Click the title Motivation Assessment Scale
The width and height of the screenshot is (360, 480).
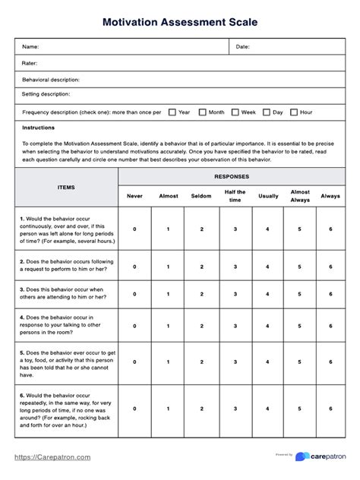tap(180, 23)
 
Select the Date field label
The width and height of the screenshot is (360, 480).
tap(243, 47)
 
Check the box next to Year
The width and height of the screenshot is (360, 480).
tap(172, 112)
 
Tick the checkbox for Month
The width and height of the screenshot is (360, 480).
tap(203, 112)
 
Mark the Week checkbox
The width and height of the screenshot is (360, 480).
tap(235, 112)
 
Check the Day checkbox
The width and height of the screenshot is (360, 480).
tap(267, 112)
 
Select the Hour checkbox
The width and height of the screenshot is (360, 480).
tap(294, 112)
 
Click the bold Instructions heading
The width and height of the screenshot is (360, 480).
tap(39, 128)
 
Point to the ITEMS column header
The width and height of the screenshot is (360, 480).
tap(66, 186)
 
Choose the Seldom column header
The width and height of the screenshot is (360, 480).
tap(201, 196)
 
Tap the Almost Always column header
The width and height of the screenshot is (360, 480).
tap(299, 196)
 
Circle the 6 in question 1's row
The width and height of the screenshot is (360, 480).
tap(330, 229)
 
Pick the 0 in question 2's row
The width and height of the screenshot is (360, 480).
tap(134, 267)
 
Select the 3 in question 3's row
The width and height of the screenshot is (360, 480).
tap(235, 295)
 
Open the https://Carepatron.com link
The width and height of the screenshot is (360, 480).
tap(53, 457)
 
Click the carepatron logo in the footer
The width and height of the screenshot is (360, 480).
tap(321, 456)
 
